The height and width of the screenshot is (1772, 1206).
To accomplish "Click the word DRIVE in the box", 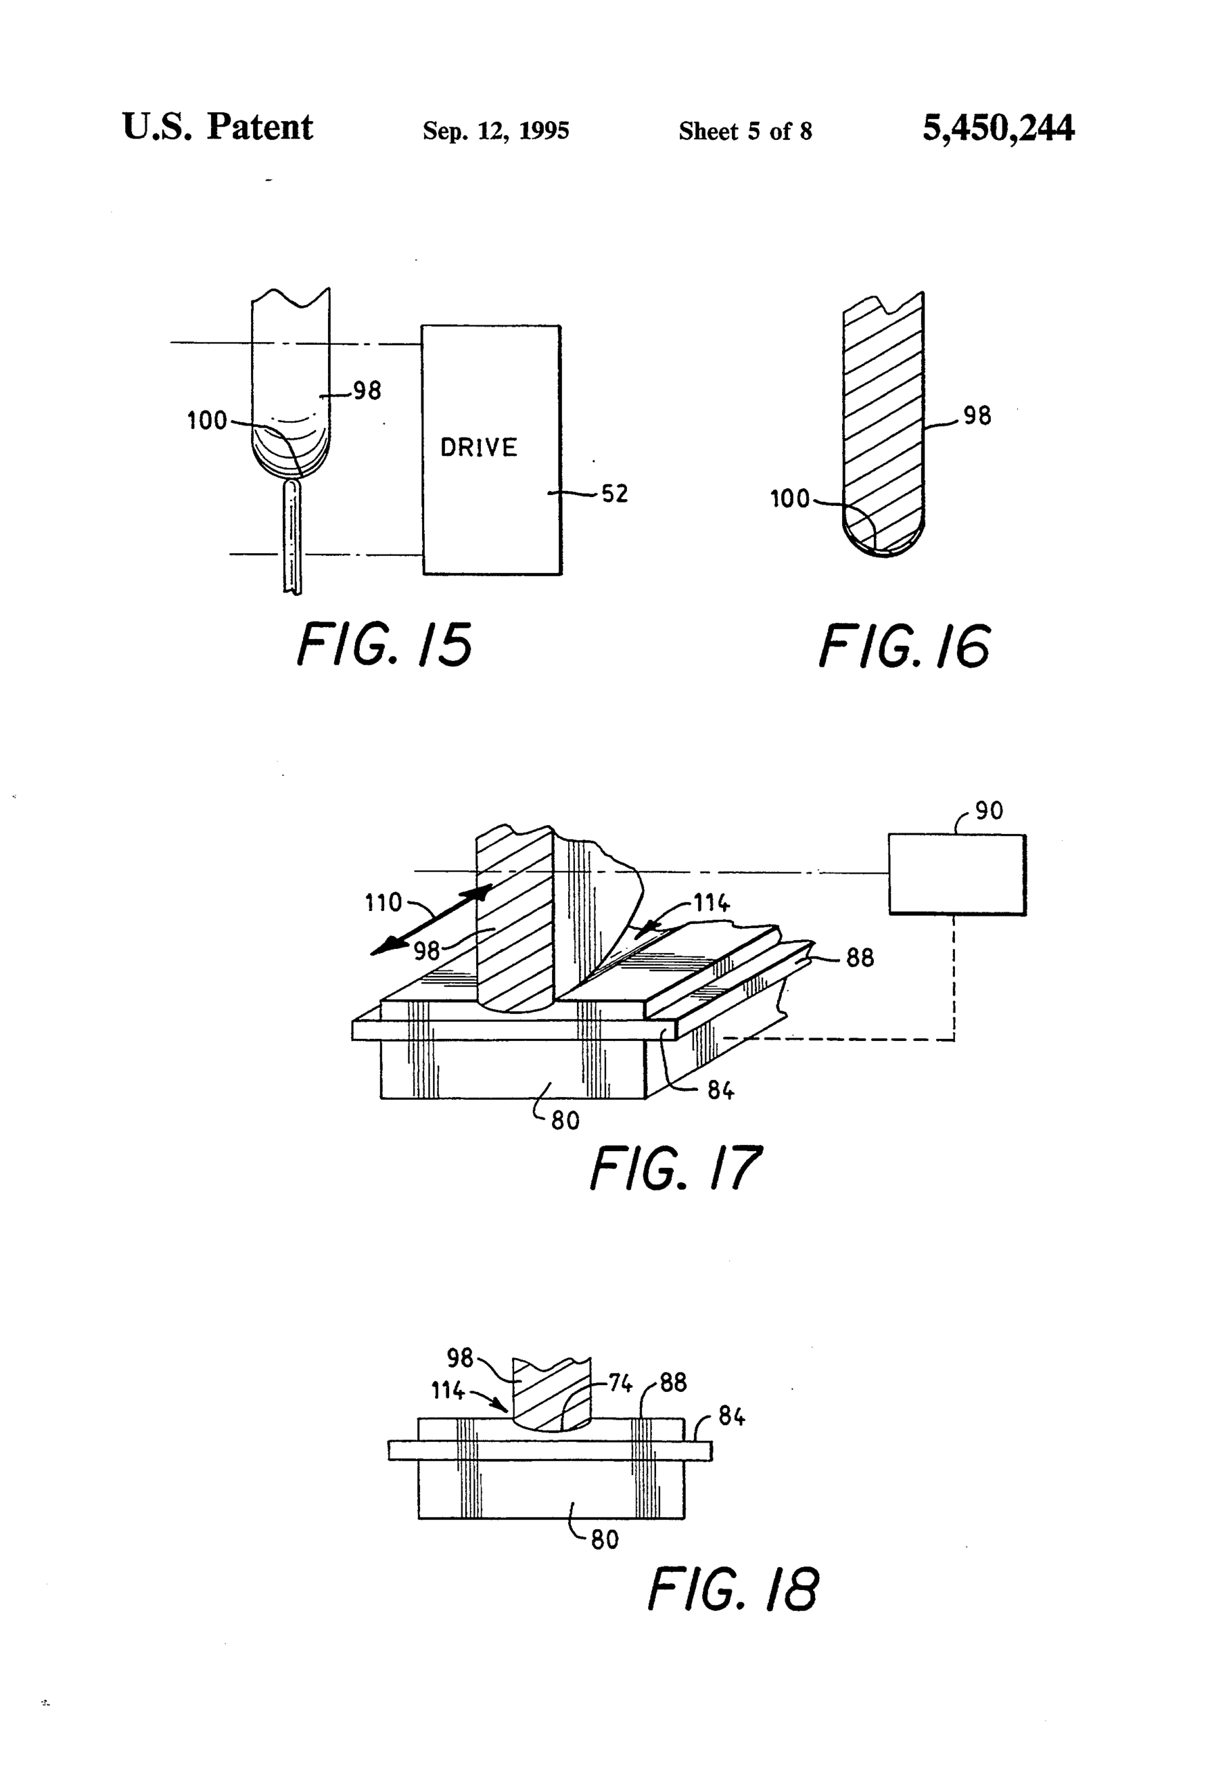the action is [479, 447].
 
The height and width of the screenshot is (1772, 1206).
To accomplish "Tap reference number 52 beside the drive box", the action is [614, 494].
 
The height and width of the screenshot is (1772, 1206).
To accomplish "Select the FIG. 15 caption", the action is [384, 644].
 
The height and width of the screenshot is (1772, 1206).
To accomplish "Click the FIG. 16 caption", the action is [905, 646].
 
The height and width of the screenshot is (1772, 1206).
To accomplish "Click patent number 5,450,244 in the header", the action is [998, 127].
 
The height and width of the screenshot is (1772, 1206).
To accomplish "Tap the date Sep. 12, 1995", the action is [495, 130].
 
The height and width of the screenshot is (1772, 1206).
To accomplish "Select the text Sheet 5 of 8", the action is [744, 131].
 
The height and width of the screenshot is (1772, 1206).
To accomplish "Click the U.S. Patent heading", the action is [217, 127].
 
